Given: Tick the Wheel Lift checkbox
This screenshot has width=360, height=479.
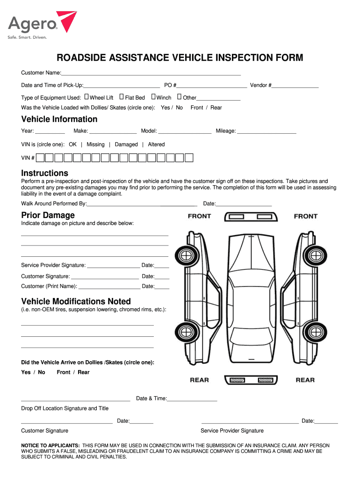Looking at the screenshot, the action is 86,97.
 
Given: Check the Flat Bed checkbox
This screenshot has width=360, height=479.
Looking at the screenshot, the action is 122,97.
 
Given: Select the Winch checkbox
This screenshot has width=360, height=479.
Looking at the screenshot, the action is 153,97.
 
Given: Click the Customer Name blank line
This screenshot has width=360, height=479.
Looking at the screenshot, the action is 151,75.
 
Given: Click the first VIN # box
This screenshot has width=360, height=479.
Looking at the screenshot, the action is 40,158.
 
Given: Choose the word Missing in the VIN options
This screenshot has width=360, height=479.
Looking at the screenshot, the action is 95,145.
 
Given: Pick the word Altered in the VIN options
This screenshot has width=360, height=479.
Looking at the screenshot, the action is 156,145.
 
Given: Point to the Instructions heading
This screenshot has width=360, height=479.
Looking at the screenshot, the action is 44,173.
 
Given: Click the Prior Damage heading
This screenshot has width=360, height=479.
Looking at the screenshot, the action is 48,215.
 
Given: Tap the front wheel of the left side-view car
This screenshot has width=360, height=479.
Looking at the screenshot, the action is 186,255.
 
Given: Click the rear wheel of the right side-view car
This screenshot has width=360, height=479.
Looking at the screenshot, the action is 316,332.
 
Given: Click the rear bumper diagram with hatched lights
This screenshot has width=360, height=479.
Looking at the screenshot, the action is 251,380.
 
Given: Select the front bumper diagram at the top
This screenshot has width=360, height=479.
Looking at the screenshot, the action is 251,217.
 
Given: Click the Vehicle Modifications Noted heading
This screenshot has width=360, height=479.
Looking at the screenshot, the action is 76,302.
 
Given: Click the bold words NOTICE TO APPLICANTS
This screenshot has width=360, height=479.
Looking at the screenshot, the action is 50,445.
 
